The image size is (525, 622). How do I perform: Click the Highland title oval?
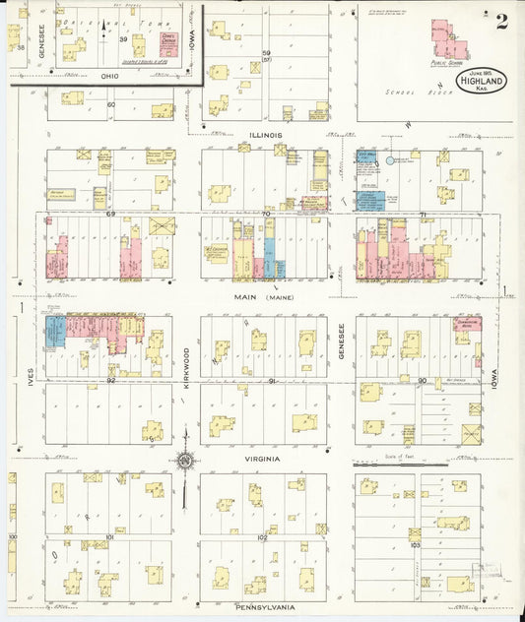click(481, 82)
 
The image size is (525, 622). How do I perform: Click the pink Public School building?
click(448, 40)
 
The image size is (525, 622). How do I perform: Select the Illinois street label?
click(266, 134)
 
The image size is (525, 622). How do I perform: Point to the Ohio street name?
click(108, 77)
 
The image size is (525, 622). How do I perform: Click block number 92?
click(111, 379)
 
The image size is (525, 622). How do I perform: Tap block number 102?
click(263, 537)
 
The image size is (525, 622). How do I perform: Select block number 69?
click(111, 214)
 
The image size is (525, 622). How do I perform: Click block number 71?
click(423, 214)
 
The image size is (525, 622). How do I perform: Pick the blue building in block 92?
click(56, 331)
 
